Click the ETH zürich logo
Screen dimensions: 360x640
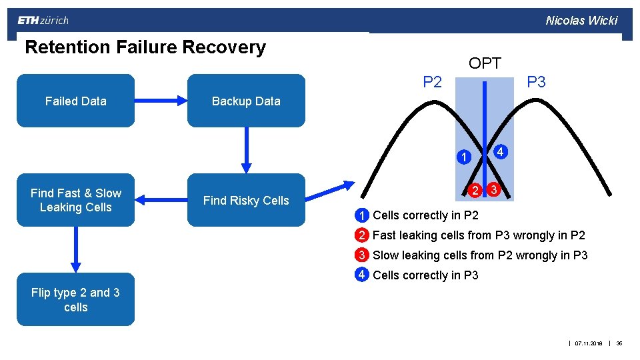point(43,20)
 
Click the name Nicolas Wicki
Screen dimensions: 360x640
point(581,20)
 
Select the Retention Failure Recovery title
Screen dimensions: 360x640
point(145,47)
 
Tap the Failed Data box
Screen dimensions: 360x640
point(75,101)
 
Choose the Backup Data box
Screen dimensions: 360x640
point(246,101)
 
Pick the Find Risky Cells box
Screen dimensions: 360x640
point(246,200)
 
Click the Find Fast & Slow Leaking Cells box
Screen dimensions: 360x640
point(75,200)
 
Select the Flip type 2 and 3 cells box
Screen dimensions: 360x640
point(75,299)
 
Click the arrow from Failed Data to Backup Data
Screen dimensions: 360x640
point(161,101)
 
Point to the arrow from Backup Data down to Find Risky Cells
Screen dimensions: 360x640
point(246,150)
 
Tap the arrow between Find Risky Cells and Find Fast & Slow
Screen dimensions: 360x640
point(161,199)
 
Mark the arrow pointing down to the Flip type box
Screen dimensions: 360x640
point(75,249)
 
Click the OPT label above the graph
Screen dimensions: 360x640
point(485,64)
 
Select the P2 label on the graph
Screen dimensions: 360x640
point(433,82)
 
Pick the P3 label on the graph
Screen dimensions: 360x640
point(536,82)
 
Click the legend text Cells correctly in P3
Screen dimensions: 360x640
point(425,275)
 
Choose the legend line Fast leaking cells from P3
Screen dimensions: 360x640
point(478,235)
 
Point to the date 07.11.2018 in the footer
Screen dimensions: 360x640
point(589,343)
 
